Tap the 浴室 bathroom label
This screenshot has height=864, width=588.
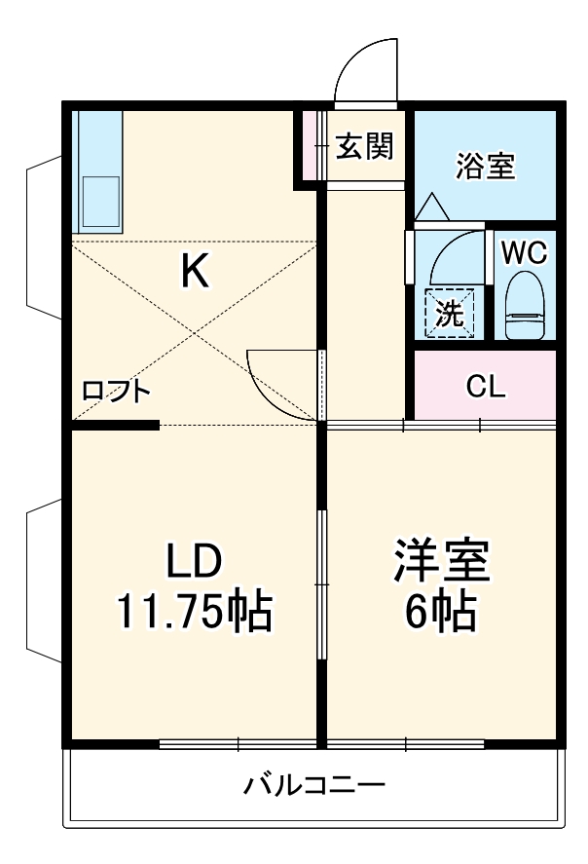[x=485, y=166]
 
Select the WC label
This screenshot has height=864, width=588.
[x=524, y=252]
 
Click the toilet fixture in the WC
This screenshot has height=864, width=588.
[x=524, y=303]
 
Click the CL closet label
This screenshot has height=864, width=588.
[x=486, y=387]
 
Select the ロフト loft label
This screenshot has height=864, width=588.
[x=116, y=392]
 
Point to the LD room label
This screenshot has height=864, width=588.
[x=194, y=562]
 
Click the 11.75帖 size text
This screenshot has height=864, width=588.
[x=194, y=612]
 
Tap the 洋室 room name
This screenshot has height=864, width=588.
[x=441, y=562]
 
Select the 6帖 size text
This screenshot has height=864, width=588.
[x=441, y=612]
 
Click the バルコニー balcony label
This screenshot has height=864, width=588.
[x=314, y=784]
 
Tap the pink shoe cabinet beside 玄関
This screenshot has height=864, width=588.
[x=311, y=146]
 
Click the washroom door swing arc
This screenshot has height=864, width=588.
[x=453, y=253]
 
